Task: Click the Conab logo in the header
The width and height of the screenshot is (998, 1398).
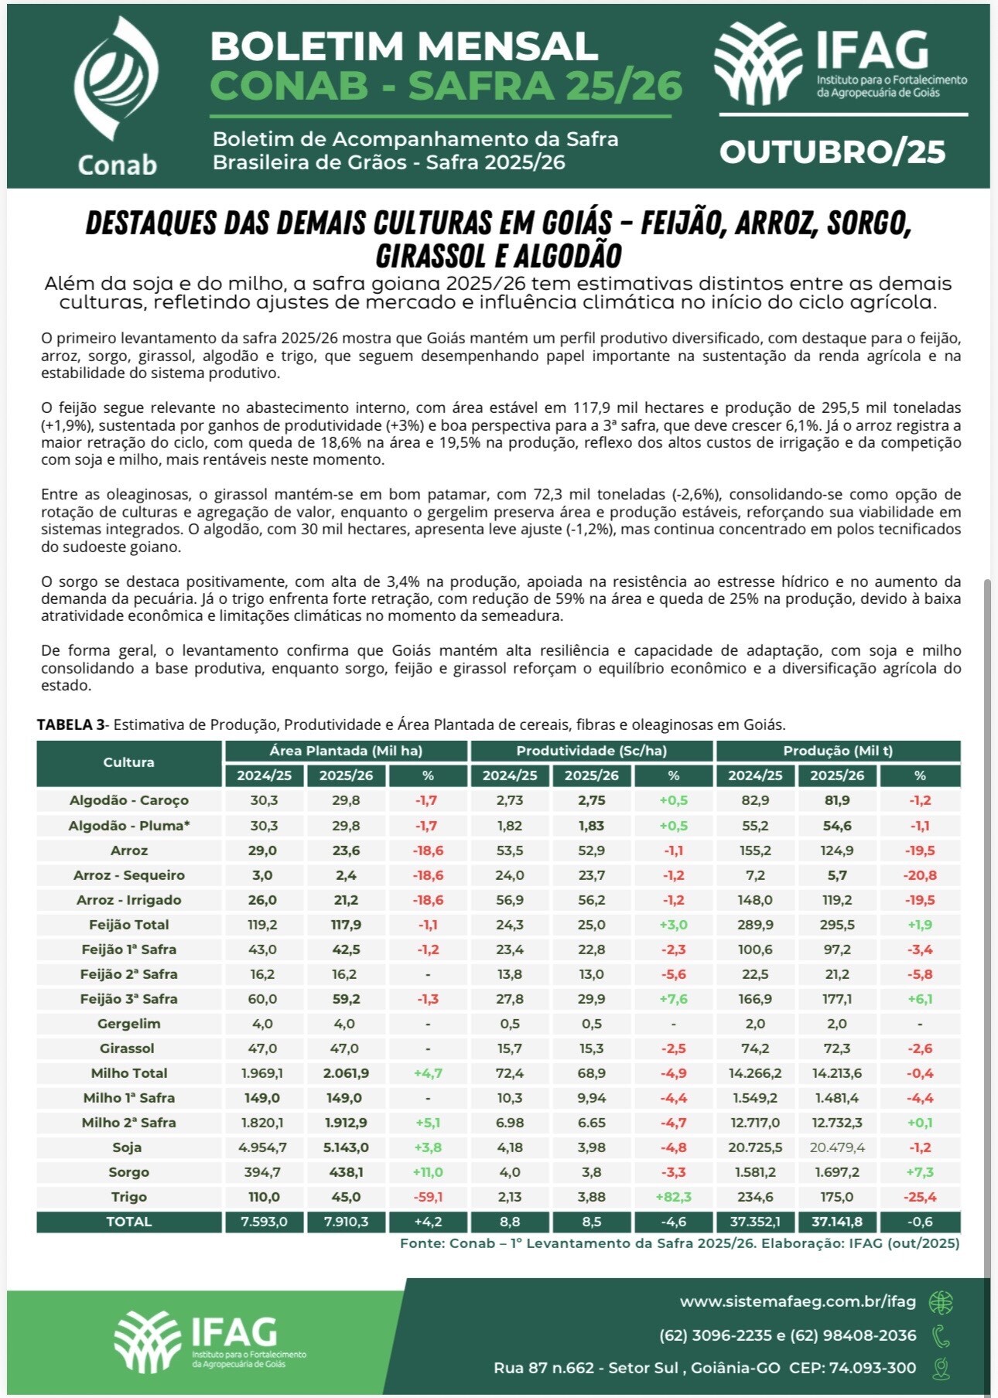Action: point(117,97)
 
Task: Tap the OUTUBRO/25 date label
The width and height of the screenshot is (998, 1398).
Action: point(832,152)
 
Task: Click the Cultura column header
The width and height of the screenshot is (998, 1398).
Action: point(128,762)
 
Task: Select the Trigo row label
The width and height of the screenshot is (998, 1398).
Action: point(128,1197)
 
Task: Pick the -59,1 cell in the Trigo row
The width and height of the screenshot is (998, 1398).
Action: point(428,1197)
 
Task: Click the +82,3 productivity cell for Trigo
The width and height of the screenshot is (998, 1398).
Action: point(673,1197)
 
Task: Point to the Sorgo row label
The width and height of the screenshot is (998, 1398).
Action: point(128,1172)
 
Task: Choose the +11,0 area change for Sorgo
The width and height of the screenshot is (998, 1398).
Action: point(428,1172)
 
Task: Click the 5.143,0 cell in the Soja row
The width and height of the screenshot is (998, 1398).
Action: point(346,1147)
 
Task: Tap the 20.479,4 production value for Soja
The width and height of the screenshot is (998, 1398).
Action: point(837,1147)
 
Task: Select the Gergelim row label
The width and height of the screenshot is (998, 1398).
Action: point(128,1024)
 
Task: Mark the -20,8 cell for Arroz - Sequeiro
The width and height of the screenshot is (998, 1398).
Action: point(920,875)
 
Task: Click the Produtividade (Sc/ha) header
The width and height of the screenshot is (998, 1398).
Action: point(591,751)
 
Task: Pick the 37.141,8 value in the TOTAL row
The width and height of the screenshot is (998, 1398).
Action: point(837,1222)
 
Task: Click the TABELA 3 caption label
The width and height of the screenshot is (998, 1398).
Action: point(70,725)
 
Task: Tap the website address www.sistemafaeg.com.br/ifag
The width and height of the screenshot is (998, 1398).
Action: point(798,1301)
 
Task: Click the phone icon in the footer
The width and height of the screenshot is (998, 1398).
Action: point(941,1335)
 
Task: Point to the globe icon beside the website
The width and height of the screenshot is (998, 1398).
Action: point(941,1302)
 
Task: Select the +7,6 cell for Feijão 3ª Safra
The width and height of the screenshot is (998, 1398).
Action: point(673,999)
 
